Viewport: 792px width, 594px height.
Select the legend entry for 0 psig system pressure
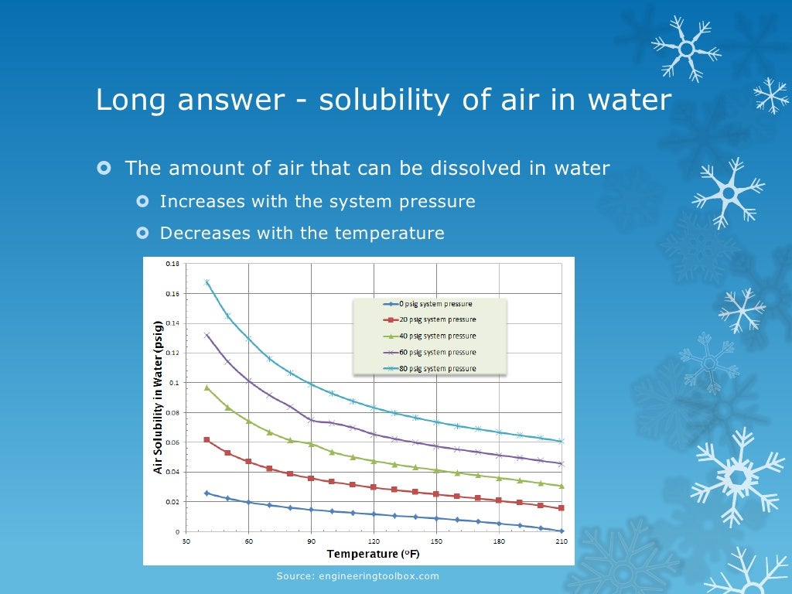pos(428,304)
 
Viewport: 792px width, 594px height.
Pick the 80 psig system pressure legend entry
pos(428,368)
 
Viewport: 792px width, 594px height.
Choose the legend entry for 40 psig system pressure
pos(428,336)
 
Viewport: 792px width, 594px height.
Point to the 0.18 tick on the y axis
pos(172,265)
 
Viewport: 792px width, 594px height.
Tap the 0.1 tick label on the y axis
pos(174,383)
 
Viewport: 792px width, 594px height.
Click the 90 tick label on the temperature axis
pos(311,542)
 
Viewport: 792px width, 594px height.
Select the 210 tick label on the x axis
pos(562,542)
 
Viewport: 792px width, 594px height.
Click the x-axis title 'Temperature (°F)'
pos(373,555)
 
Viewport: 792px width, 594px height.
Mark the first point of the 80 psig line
pos(207,282)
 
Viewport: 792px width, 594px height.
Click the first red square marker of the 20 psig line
pos(207,439)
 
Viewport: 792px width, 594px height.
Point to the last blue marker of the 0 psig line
pos(562,531)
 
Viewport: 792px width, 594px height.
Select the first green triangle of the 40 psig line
pos(207,387)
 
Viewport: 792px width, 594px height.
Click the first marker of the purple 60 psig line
pos(207,335)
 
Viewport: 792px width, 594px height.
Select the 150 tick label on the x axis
pos(436,542)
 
